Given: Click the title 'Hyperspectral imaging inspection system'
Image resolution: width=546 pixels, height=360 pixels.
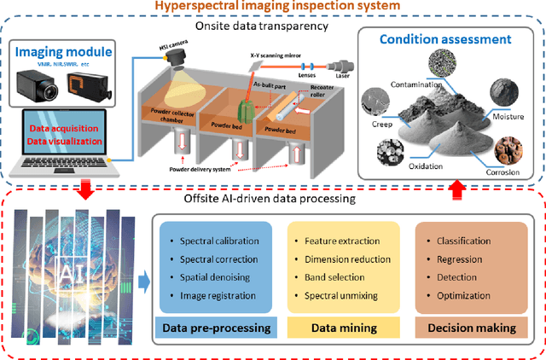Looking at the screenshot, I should click(272, 9).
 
